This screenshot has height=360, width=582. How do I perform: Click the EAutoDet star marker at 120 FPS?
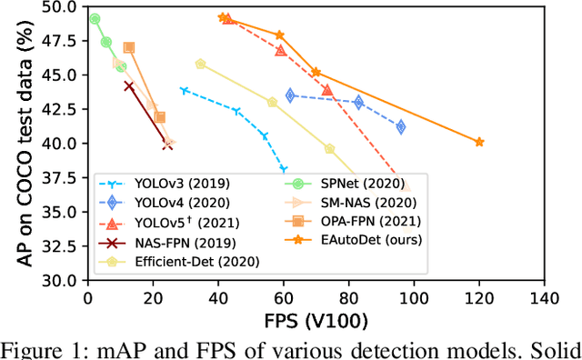click(x=479, y=142)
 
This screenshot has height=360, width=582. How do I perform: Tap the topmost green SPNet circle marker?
click(x=95, y=18)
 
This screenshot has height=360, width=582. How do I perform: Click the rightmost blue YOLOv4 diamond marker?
click(x=400, y=126)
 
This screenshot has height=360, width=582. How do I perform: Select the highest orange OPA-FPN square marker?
click(x=128, y=47)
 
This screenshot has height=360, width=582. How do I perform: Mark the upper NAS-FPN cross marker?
click(x=128, y=86)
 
